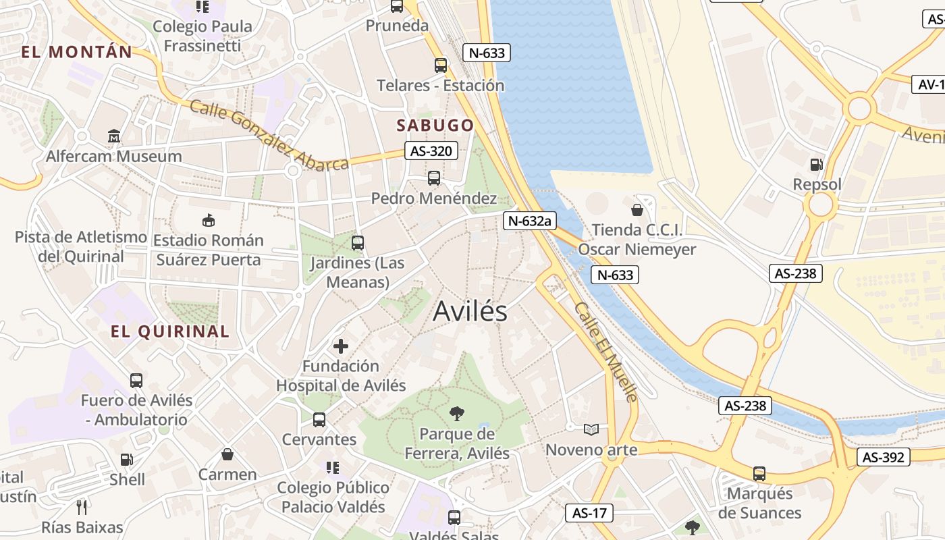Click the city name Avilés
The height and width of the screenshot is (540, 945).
coord(470,311)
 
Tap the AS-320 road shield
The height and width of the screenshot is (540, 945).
coord(431,151)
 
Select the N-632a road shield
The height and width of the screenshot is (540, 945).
coord(529,220)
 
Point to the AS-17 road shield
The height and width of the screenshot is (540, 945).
coord(589,513)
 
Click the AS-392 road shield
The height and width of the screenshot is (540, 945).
coord(884,457)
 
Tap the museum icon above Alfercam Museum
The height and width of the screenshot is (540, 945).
coord(114,136)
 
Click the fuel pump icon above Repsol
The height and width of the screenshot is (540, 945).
coord(817,164)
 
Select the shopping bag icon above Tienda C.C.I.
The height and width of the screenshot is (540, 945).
coord(637,210)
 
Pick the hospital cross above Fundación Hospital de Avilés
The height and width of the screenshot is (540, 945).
coord(341,346)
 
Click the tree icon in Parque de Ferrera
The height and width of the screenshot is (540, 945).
coord(457,413)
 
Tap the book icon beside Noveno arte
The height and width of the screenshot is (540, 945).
coord(591,429)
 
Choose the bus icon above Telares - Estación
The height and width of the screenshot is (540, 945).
coord(441,65)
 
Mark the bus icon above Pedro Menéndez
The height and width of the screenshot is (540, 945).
coord(434,178)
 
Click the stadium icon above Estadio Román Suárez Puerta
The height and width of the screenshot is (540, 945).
coord(208,220)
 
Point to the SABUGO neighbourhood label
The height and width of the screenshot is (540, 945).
coord(435,125)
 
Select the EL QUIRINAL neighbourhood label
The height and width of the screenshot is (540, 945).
coord(170,331)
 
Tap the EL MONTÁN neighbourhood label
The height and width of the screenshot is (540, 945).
coord(76,51)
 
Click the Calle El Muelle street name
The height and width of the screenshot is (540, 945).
coord(606,352)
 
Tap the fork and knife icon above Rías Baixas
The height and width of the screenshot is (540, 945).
coord(82,507)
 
